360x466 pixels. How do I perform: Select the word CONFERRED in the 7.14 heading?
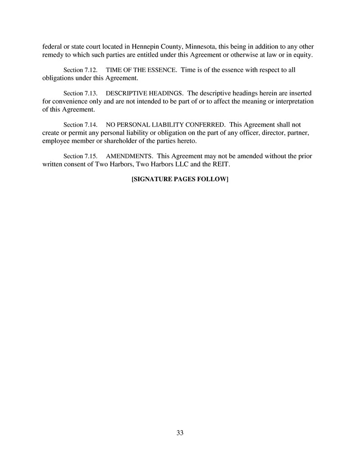click(205, 125)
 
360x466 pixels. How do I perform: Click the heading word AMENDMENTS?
click(128, 156)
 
